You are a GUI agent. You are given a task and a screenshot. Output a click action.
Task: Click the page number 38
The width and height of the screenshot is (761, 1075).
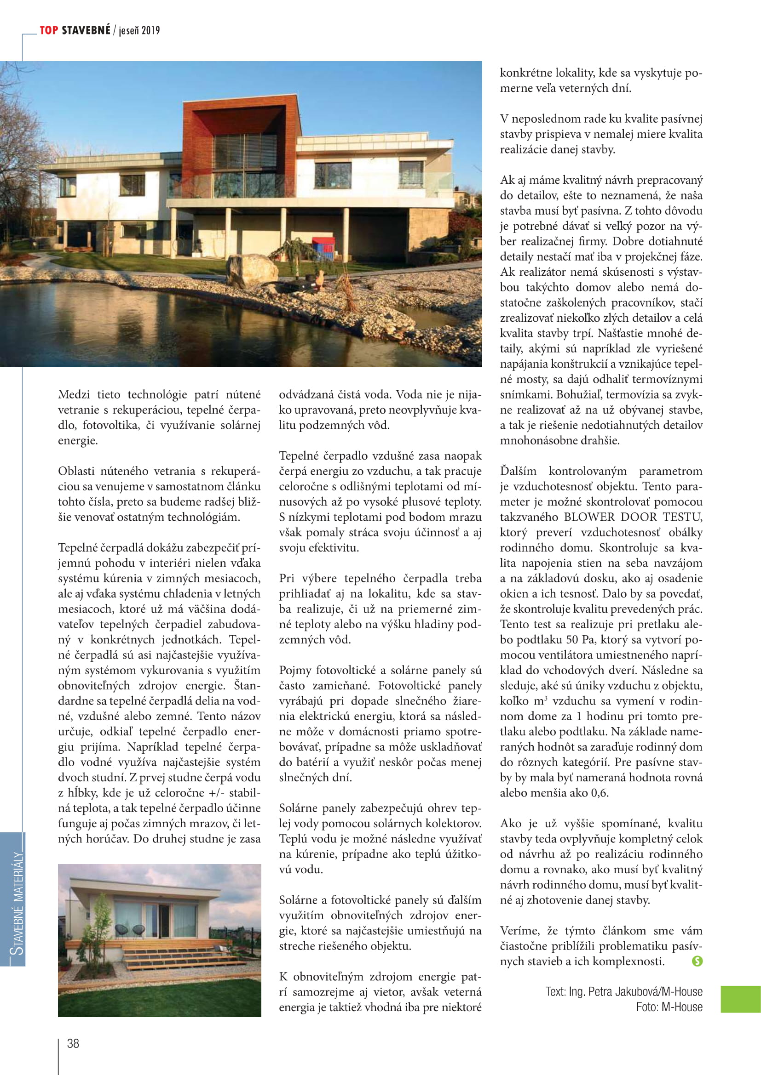[x=73, y=1044]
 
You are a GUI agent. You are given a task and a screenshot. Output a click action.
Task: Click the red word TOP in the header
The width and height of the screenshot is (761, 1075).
[x=49, y=30]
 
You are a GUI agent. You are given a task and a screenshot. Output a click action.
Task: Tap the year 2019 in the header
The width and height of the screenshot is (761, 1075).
[x=150, y=31]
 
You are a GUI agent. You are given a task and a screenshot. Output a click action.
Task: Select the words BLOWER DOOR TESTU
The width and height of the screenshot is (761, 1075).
[x=633, y=517]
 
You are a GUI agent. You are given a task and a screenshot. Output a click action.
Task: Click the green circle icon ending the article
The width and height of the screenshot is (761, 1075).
[x=697, y=961]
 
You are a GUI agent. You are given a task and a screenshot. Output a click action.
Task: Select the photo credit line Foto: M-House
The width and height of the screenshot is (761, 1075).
[x=669, y=1007]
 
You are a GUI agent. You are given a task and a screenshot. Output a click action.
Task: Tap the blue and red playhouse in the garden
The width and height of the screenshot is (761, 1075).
[x=323, y=248]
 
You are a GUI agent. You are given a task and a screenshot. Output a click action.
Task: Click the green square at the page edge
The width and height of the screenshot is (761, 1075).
[x=740, y=999]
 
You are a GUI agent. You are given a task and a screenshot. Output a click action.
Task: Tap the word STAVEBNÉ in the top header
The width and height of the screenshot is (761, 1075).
[x=86, y=30]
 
